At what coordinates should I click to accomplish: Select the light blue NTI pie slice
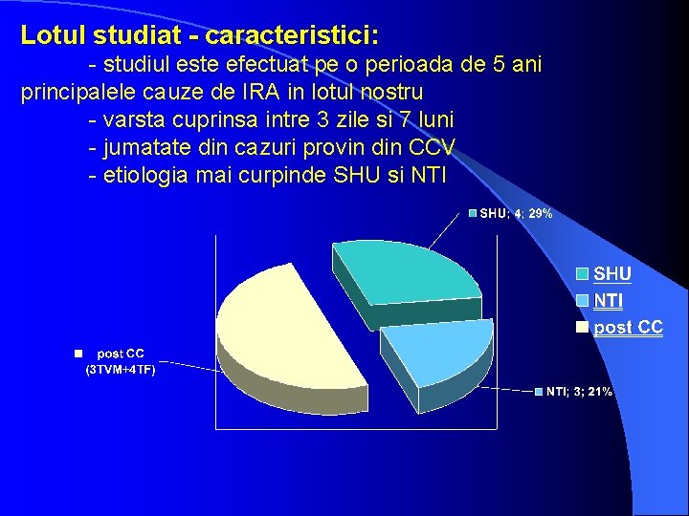click(435, 348)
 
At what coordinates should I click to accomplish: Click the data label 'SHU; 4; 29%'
click(515, 214)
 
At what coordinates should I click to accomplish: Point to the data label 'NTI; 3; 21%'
click(579, 392)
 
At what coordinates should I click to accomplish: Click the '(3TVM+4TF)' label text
click(121, 369)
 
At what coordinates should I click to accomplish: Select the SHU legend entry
click(611, 274)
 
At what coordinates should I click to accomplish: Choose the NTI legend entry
click(608, 301)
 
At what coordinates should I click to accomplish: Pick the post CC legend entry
click(627, 328)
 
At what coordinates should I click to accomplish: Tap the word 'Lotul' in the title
click(54, 36)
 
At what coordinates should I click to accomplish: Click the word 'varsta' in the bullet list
click(135, 120)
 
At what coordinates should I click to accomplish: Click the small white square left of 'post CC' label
click(80, 353)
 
